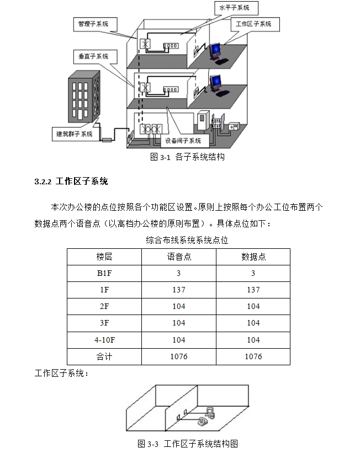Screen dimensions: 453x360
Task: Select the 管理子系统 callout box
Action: (93, 24)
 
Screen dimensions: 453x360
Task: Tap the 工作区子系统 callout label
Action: (254, 24)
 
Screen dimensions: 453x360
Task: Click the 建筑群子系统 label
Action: (75, 134)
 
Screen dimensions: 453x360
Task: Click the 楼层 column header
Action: (104, 257)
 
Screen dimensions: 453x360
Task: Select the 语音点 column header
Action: (179, 257)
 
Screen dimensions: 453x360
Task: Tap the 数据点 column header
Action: (253, 257)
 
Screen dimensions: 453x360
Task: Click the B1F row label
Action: (104, 273)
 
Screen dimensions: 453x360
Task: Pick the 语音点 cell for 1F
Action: (179, 290)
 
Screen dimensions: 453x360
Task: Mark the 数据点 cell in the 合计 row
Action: (253, 356)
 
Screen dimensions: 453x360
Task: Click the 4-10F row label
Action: (104, 339)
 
